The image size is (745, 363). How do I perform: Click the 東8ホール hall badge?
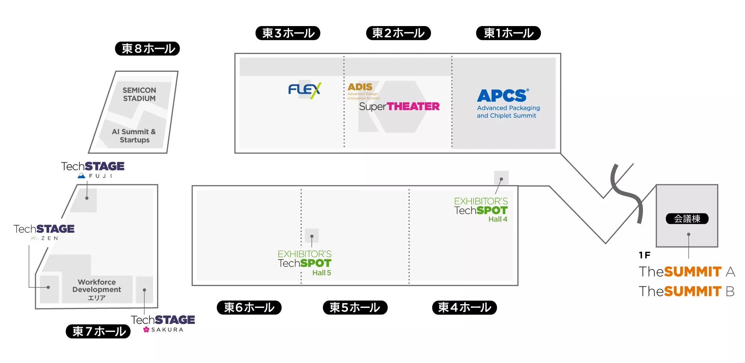click(x=148, y=49)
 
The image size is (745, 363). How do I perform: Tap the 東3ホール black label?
click(x=288, y=33)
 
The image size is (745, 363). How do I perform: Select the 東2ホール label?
click(x=399, y=33)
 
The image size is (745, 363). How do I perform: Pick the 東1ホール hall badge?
click(x=508, y=33)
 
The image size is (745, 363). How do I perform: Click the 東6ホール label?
click(x=249, y=308)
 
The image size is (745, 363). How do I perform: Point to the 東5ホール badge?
click(x=355, y=308)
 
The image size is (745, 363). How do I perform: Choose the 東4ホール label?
click(x=465, y=308)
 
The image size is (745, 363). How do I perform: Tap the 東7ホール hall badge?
click(x=98, y=331)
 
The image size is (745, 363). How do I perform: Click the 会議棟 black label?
click(x=687, y=219)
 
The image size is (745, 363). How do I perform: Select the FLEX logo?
click(x=305, y=90)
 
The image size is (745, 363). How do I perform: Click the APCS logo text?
click(x=503, y=96)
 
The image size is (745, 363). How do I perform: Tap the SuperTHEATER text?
click(x=399, y=106)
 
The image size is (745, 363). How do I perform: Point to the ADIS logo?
click(x=360, y=87)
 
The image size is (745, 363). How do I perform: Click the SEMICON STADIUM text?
click(x=139, y=94)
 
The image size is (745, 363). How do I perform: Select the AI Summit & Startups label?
click(x=134, y=136)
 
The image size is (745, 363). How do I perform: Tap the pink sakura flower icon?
click(x=146, y=329)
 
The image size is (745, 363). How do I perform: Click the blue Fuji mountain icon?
click(x=82, y=176)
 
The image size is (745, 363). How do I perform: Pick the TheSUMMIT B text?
click(x=687, y=291)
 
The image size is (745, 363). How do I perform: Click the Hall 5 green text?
click(x=321, y=273)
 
